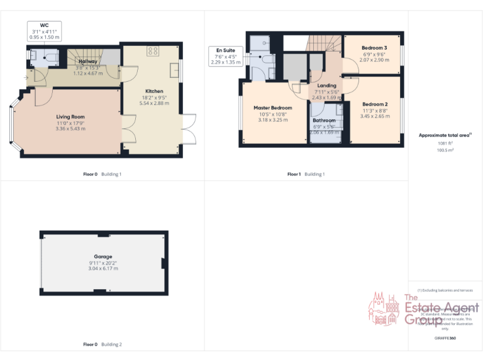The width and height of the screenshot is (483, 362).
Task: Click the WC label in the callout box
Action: coord(44,25)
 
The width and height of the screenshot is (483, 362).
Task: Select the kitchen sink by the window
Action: coord(174,70)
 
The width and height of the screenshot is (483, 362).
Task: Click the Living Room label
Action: coord(70,116)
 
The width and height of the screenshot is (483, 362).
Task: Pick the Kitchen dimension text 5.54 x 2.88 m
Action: coord(154,103)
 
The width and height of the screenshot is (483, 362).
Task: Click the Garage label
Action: coord(103,256)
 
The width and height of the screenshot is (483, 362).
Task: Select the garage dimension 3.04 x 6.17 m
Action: coord(103,268)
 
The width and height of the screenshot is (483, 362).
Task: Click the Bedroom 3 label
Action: coord(374,48)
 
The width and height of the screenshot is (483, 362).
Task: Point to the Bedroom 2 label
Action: coord(374,104)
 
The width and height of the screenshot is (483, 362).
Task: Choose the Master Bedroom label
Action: coord(273,107)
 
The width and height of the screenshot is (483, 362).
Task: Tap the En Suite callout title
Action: coord(225,50)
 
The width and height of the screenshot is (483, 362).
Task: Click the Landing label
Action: coord(326,85)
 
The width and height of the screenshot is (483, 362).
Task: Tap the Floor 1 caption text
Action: coord(294,174)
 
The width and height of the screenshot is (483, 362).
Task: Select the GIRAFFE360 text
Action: coord(445,338)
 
